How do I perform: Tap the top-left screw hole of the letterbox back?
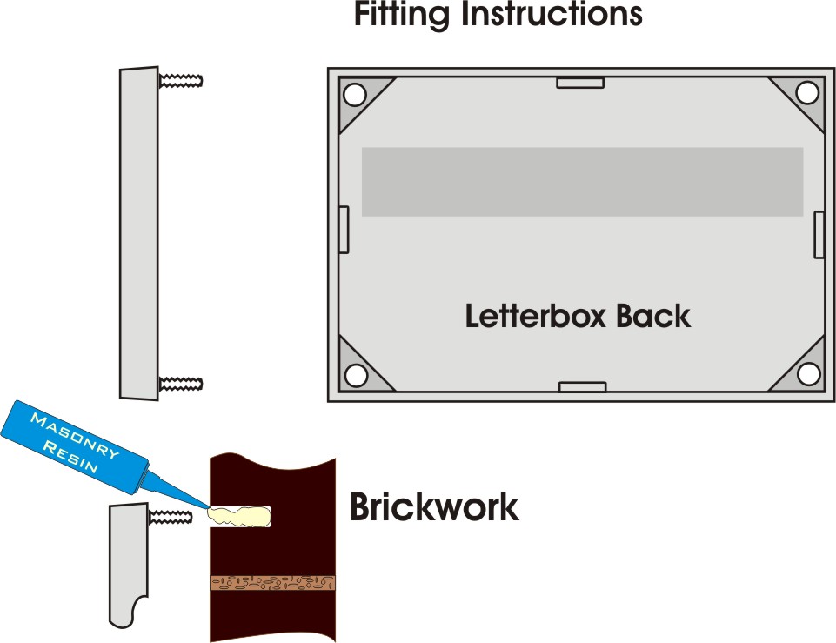click(x=354, y=93)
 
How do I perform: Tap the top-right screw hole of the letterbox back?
click(x=806, y=91)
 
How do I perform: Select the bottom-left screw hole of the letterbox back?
click(x=355, y=375)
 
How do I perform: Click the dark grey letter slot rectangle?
click(x=581, y=181)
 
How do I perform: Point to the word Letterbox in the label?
click(x=536, y=315)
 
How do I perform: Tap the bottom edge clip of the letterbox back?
click(x=581, y=385)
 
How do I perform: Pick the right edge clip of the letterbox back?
click(x=819, y=234)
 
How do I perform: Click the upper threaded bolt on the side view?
click(x=181, y=81)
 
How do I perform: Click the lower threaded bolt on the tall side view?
click(x=181, y=383)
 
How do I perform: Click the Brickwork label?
click(x=433, y=506)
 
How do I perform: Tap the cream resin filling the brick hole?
click(x=237, y=516)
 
